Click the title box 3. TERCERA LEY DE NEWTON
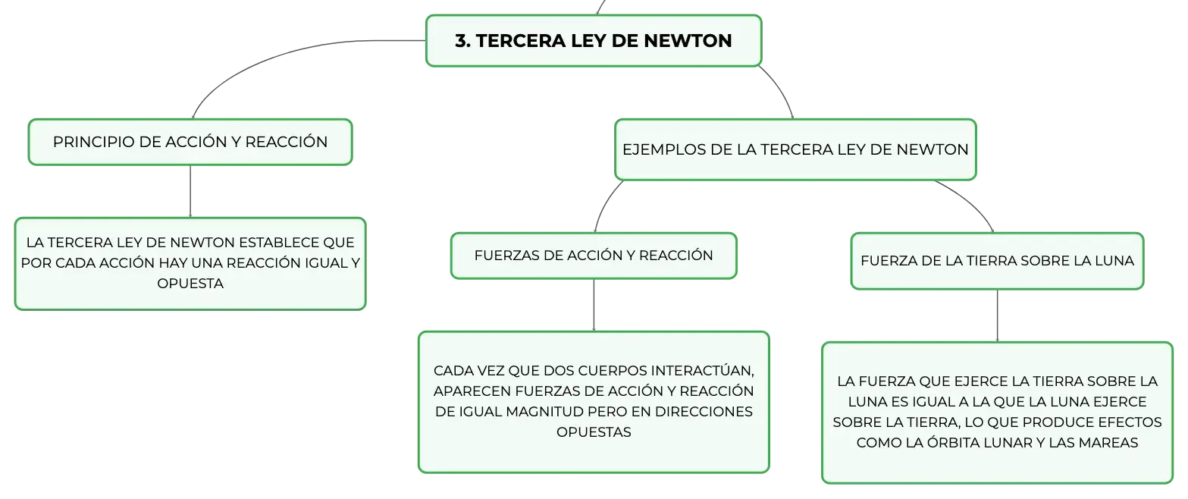pos(594,41)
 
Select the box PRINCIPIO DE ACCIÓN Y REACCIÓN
pos(190,142)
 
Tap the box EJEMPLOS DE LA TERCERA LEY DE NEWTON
pos(795,149)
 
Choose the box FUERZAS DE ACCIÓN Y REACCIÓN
pos(594,256)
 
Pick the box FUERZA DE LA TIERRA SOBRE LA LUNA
pos(997,261)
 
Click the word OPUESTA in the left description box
pos(190,284)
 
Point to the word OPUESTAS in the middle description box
pos(594,432)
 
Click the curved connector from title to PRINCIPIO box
pos(281,58)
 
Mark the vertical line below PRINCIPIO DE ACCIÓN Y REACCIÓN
pos(190,191)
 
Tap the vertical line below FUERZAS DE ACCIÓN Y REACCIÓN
pos(594,306)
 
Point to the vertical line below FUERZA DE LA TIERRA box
pos(997,316)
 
